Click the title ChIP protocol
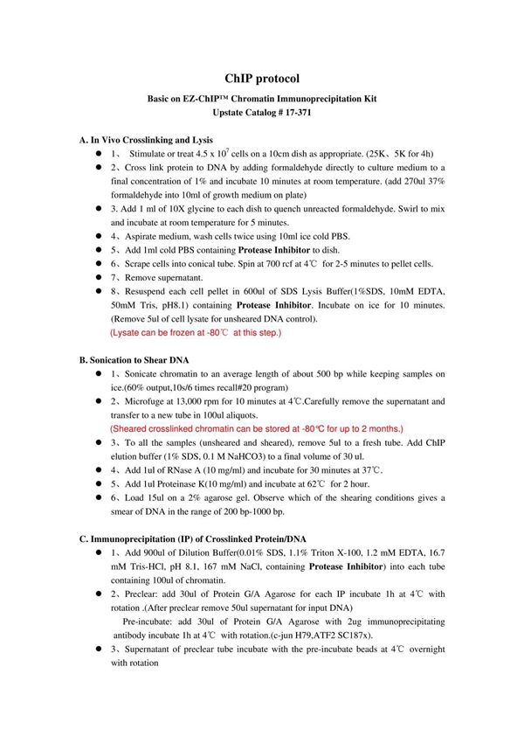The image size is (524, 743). coord(262,79)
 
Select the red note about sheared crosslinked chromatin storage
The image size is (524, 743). coord(257,429)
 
